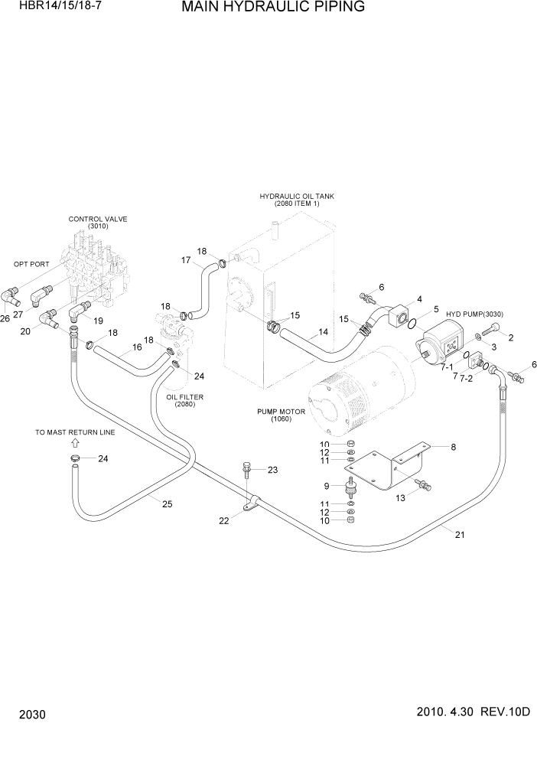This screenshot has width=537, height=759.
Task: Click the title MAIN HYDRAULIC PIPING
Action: tap(262, 8)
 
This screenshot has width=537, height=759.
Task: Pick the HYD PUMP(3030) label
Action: tap(470, 314)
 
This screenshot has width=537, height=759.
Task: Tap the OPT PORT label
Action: tap(31, 264)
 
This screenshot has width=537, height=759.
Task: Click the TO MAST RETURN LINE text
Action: tap(75, 432)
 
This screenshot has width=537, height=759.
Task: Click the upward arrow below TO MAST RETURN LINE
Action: tap(74, 443)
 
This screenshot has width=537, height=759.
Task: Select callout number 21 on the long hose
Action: tap(460, 535)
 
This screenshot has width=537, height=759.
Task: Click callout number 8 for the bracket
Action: tap(453, 446)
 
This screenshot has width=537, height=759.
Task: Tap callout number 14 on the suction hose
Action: tap(324, 333)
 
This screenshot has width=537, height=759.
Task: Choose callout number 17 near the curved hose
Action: tap(185, 260)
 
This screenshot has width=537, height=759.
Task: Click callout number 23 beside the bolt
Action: tap(272, 471)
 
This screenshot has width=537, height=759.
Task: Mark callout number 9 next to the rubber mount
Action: tap(327, 486)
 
